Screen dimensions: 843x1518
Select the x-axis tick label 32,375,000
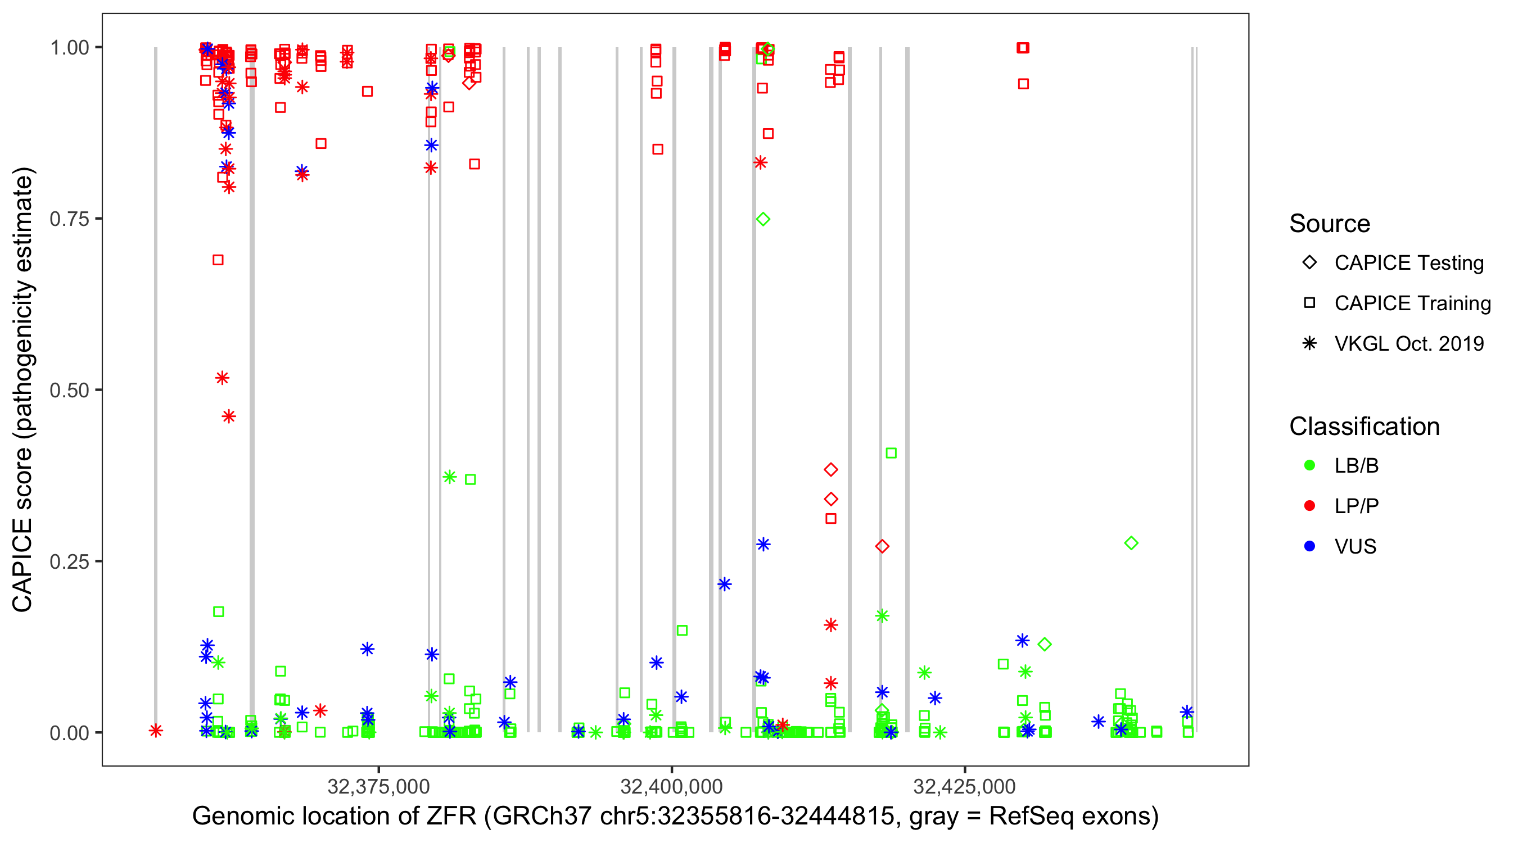(378, 786)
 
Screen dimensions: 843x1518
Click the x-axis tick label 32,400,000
(671, 786)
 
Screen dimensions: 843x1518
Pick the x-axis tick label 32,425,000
(964, 786)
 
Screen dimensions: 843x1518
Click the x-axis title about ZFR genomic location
(675, 817)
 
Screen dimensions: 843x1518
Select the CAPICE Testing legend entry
(1408, 263)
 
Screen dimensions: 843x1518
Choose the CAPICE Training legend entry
(1412, 303)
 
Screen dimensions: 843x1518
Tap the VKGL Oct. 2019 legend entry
(1408, 343)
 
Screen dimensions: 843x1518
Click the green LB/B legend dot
(1309, 465)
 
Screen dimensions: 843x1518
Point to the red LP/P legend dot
(1309, 506)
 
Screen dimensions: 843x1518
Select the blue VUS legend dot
(1309, 546)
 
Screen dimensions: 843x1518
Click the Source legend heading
(1330, 224)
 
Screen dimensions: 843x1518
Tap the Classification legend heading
(1364, 427)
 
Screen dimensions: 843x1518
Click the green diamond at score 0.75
(763, 219)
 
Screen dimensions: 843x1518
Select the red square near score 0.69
(218, 260)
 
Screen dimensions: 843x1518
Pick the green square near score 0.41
(891, 453)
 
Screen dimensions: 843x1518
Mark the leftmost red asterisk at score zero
(156, 731)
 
